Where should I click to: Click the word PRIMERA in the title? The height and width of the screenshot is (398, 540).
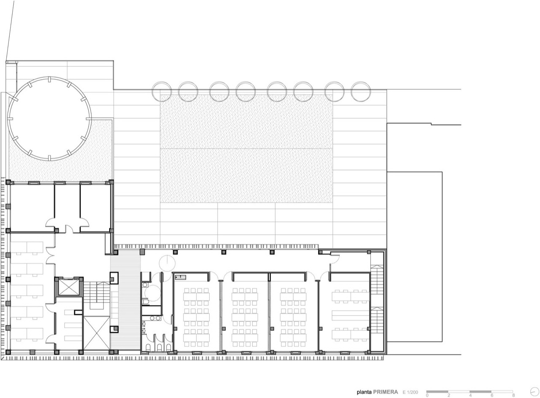point(386,392)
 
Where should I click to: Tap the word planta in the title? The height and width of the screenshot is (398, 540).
point(364,392)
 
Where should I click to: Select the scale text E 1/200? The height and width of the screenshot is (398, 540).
point(410,392)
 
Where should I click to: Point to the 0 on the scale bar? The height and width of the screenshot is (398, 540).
point(427,395)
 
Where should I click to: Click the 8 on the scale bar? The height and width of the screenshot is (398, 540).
point(513,395)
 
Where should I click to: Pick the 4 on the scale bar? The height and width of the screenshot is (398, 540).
point(470,395)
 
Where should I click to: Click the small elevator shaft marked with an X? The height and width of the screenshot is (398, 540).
point(69,287)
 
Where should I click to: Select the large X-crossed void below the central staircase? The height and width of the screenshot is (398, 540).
point(97,333)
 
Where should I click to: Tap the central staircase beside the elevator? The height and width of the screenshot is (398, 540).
point(97,295)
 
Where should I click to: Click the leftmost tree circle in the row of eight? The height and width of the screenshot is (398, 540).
point(162,92)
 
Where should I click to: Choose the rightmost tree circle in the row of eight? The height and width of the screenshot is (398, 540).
point(360,92)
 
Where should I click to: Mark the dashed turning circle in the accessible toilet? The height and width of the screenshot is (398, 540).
point(153,293)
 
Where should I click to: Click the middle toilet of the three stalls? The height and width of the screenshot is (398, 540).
point(159,347)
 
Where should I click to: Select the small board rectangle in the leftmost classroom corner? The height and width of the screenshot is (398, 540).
point(181,277)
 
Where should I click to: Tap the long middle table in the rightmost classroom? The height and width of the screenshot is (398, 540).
point(351,315)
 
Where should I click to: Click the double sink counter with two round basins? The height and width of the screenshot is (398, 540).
point(151,318)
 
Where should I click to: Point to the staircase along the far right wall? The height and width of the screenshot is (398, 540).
point(377,299)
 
